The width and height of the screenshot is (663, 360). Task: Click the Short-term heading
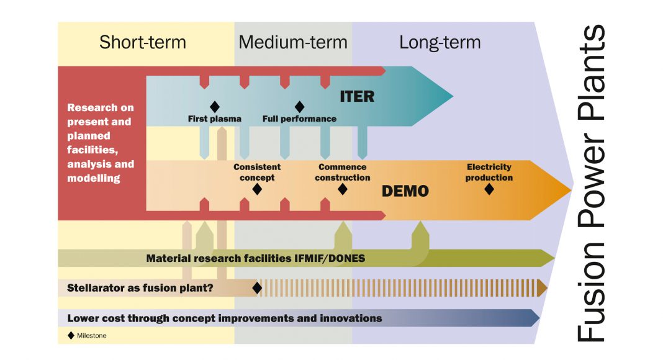point(142,42)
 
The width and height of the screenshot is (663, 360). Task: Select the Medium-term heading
point(292,42)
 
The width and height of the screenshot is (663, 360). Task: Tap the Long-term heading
point(440,42)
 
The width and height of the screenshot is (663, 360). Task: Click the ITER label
point(357,97)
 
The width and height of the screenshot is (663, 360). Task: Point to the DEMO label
point(405,191)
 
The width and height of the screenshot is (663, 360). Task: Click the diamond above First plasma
point(215,107)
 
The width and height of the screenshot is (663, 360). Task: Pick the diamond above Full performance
point(299,107)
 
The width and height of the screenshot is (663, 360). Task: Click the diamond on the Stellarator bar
point(256,288)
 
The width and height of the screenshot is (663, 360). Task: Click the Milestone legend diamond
point(71,336)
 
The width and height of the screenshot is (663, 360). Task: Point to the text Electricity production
point(490,172)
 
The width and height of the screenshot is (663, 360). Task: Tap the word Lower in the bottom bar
point(82,318)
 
